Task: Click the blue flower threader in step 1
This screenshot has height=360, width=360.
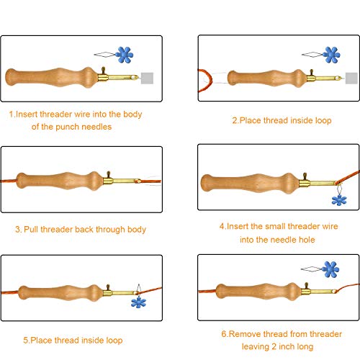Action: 124,55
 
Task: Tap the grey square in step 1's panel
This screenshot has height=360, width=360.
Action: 147,78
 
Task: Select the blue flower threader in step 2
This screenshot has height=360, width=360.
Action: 331,55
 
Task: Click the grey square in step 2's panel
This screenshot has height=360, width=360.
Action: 351,78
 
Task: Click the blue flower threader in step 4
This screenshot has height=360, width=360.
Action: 339,200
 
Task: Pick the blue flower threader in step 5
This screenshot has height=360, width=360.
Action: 138,302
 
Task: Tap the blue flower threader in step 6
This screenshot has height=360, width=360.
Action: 330,269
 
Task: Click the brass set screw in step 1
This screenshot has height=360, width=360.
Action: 104,71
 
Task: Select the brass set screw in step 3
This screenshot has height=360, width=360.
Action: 109,175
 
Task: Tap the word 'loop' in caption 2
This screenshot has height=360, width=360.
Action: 323,120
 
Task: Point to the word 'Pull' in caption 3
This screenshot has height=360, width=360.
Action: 31,229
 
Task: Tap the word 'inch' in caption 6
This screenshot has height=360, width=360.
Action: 287,346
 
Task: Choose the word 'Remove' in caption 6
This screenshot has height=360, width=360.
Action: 245,334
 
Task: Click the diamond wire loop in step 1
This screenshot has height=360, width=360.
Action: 105,55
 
